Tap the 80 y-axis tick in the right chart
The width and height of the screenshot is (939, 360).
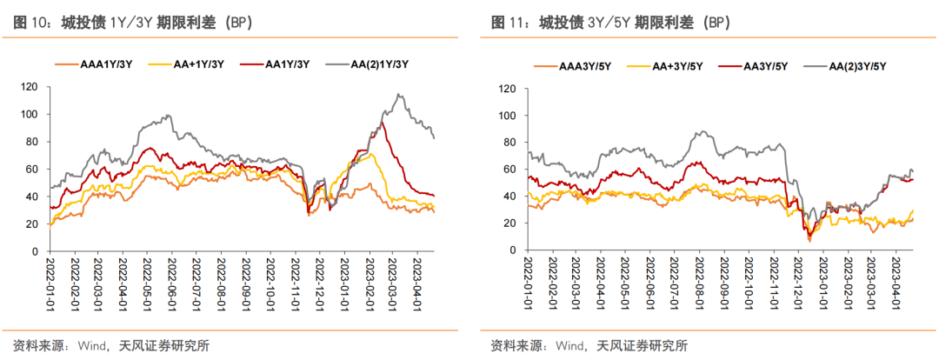(x=511, y=142)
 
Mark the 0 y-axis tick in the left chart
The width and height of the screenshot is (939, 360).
(x=36, y=251)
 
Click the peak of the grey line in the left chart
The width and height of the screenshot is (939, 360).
(x=398, y=95)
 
